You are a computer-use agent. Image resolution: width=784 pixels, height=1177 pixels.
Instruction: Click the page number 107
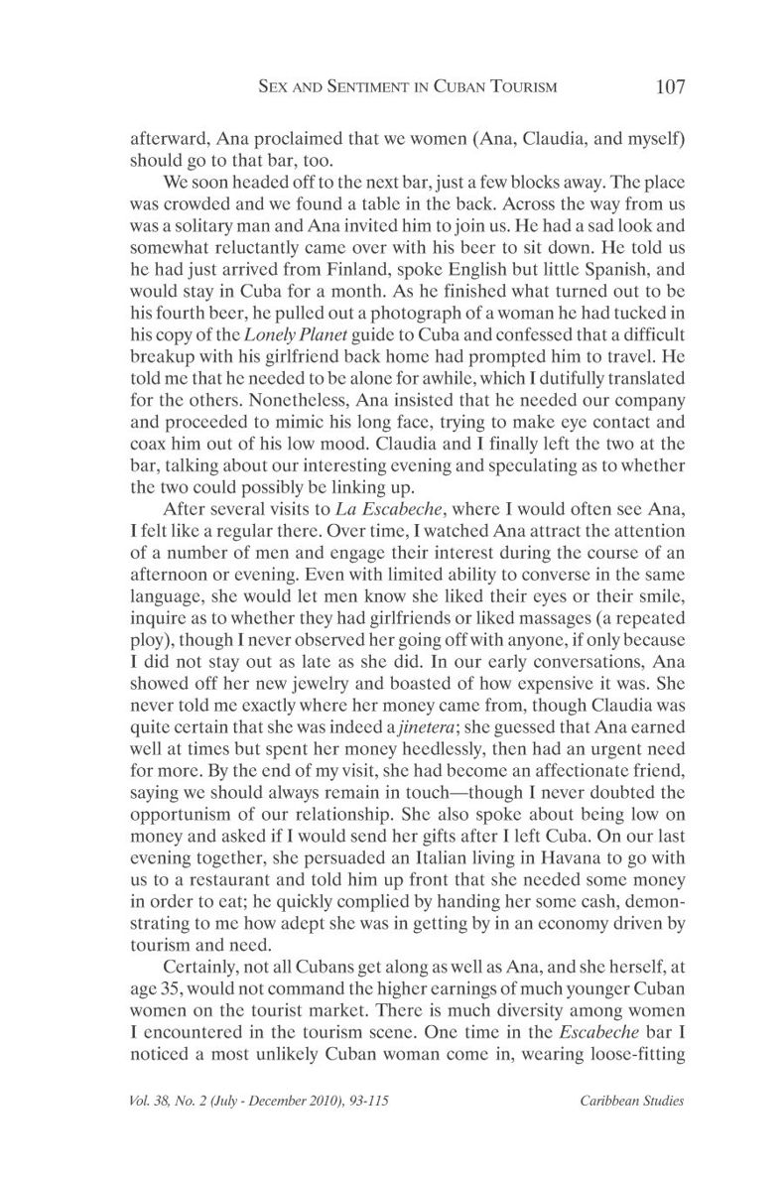[x=671, y=86]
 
